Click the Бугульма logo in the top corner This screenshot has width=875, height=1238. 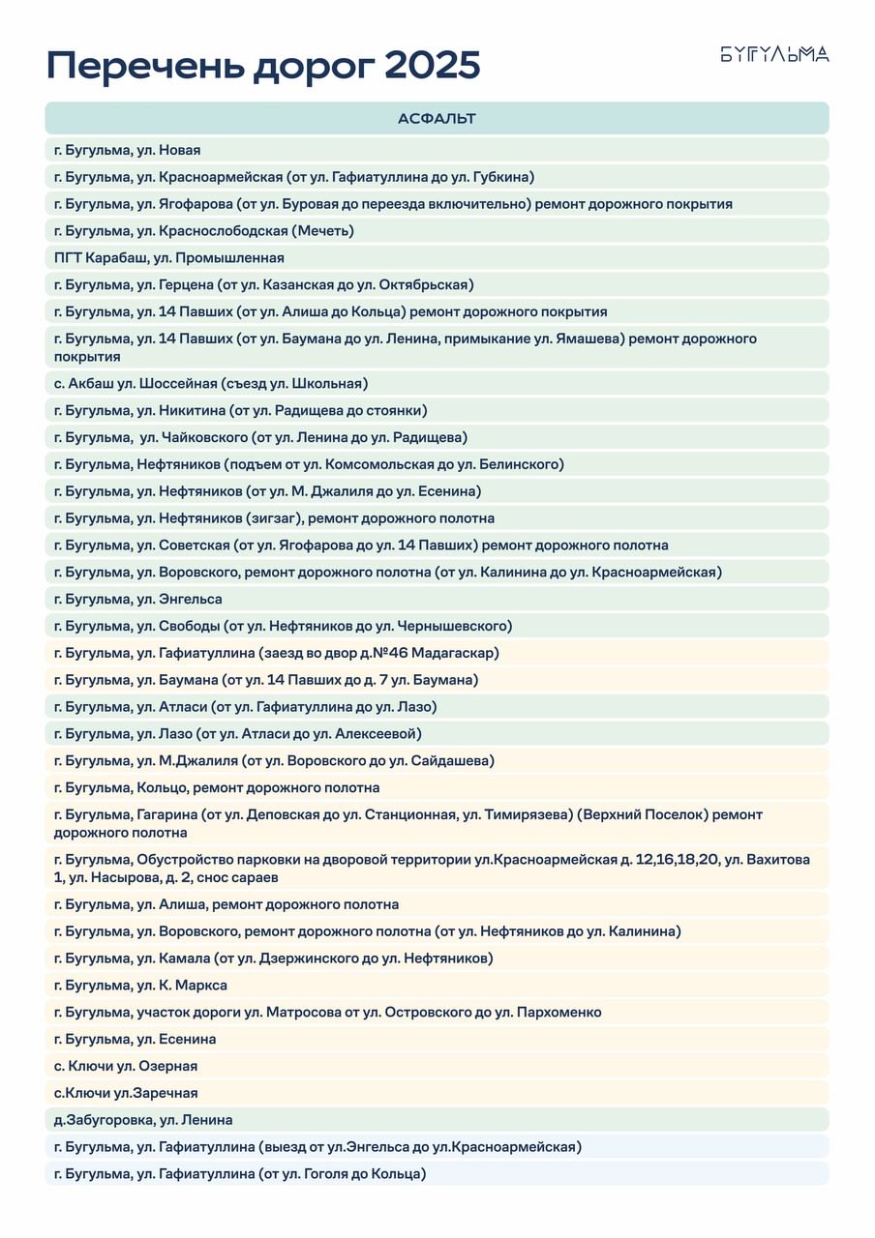point(774,54)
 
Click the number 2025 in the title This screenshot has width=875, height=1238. point(432,67)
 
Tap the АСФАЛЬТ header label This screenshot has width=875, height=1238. point(437,119)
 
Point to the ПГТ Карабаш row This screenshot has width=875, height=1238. point(169,258)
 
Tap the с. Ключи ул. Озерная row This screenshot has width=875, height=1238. point(126,1067)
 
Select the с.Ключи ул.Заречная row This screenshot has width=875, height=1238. point(126,1094)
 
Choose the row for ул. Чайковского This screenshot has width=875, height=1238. point(261,437)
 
